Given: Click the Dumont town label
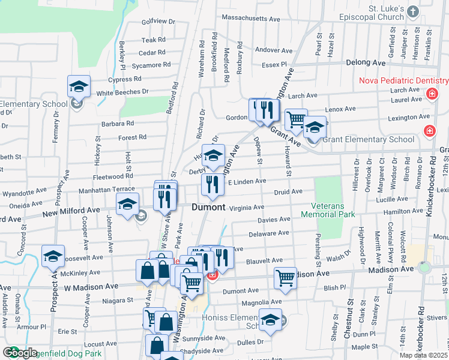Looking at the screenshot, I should tap(208, 207).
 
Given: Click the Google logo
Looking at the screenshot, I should tap(20, 353).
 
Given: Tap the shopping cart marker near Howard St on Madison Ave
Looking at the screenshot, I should tap(285, 278).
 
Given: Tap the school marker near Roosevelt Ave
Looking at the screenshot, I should tap(53, 256).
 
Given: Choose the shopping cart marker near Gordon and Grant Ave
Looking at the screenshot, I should tap(296, 119).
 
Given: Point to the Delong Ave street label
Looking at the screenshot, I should tap(366, 62).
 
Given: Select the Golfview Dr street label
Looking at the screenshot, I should tap(158, 21).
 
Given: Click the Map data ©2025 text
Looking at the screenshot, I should tap(423, 355).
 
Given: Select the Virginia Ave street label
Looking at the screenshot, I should tap(246, 207).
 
